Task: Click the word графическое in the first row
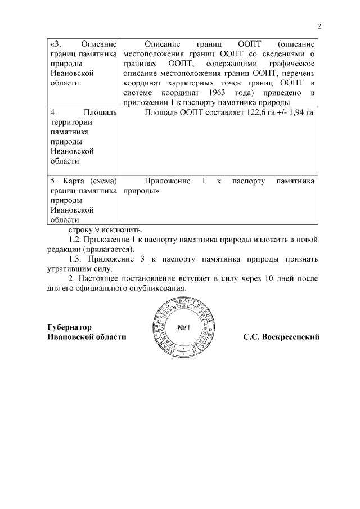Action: coord(294,64)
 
